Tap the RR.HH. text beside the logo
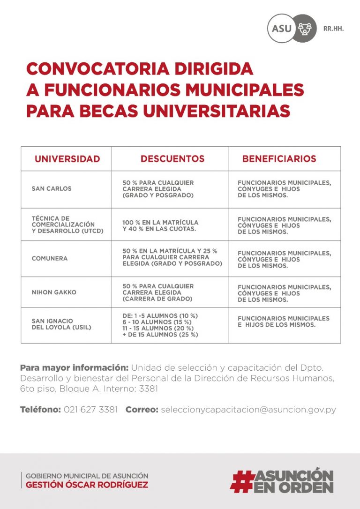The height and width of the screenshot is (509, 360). point(333,29)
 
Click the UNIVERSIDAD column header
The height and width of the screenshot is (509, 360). point(67,159)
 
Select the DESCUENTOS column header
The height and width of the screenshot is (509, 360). point(172,159)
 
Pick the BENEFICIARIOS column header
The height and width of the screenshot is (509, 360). point(279,159)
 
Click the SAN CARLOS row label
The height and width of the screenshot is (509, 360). point(52,189)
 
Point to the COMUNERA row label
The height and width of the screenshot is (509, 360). point(50,258)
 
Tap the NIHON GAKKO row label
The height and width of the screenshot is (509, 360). point(54,292)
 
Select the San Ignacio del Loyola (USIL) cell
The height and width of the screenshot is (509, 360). point(61,324)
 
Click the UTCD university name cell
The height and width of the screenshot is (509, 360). point(67,225)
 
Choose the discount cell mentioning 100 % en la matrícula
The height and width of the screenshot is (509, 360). point(160,225)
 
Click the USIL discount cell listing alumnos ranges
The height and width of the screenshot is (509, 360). point(160,325)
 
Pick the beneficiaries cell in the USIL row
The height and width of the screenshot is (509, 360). point(284,322)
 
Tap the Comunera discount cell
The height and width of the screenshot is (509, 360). point(172,257)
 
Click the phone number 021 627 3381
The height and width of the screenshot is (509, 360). point(90,410)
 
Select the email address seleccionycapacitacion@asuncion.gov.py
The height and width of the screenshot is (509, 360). point(248,410)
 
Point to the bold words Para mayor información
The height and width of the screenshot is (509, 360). point(74,367)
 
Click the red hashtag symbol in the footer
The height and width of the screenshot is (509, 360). point(242,481)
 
